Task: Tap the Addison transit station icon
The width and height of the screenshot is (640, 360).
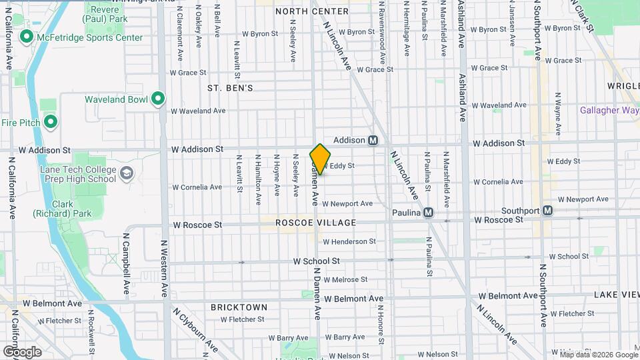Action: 373,140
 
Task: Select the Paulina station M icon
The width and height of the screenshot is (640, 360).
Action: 429,212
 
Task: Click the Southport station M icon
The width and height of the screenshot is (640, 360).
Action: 548,211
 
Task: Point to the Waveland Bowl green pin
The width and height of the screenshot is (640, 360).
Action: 158,99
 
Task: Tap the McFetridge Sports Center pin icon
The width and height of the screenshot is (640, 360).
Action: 27,37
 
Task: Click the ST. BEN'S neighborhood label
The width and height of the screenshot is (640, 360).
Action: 230,88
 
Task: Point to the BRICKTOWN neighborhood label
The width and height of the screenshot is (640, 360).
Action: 239,307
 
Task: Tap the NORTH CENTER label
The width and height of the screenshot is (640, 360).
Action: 311,11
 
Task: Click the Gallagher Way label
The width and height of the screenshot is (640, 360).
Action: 609,111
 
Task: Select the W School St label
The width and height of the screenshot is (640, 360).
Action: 317,261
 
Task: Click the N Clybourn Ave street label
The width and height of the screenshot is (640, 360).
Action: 196,330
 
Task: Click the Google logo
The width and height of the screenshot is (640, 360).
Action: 23,351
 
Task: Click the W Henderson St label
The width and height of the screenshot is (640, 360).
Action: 349,241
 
